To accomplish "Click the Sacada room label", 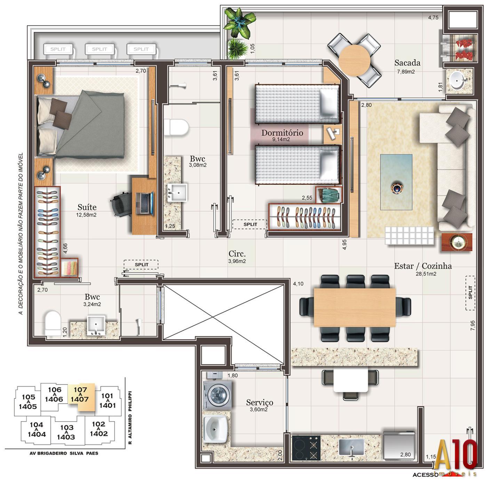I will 407,63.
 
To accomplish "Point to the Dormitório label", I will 282,133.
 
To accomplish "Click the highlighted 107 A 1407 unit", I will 81,395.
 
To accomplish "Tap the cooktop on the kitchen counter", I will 306,447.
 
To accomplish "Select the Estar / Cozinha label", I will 423,266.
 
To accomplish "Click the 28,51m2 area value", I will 426,274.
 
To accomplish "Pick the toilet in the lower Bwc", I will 53,324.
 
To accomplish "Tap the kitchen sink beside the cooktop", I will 351,447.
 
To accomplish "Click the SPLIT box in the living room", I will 470,293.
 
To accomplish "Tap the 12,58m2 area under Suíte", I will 86,215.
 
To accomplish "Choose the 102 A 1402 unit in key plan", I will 99,429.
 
